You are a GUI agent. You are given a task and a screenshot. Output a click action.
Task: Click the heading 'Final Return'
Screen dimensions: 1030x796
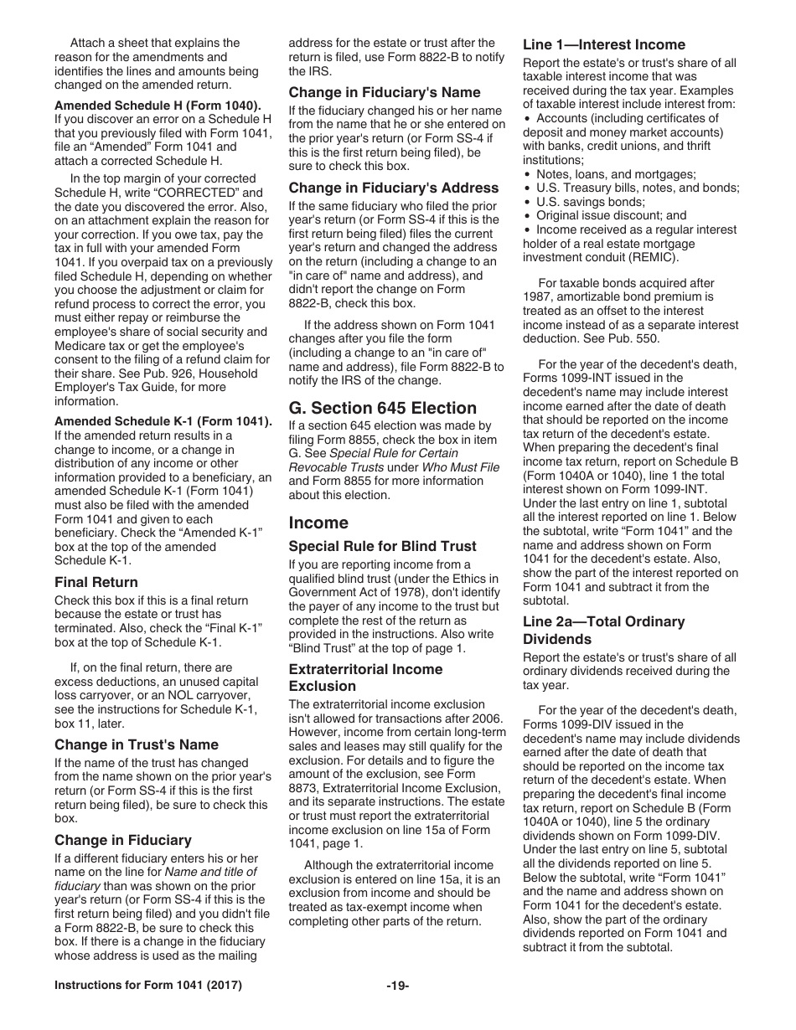96,582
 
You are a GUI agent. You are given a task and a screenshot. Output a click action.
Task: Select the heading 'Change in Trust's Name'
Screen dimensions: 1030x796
137,744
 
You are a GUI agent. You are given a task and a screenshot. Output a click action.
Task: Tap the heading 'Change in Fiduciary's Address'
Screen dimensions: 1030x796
394,188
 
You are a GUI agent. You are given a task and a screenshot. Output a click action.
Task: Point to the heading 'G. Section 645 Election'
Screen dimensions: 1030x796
383,408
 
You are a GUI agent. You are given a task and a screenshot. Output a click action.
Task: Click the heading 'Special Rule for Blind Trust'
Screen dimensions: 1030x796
383,546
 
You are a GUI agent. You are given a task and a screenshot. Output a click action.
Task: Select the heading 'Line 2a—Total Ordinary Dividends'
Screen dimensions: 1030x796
604,630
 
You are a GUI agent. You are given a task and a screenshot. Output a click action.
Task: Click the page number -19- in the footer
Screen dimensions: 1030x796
398,986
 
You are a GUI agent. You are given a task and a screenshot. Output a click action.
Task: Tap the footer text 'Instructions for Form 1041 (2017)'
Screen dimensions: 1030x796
148,986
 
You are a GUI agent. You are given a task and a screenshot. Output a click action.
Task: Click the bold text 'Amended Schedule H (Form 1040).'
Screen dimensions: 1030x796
158,105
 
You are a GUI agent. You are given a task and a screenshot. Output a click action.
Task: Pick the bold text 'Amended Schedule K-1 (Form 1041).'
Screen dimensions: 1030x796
163,421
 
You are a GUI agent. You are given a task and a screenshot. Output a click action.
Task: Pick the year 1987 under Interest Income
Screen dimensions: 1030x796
539,297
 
